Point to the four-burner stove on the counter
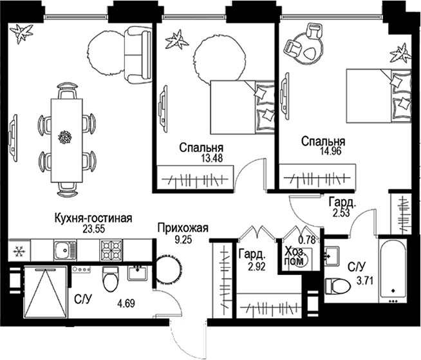[109, 249]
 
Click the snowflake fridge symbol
[18, 249]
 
